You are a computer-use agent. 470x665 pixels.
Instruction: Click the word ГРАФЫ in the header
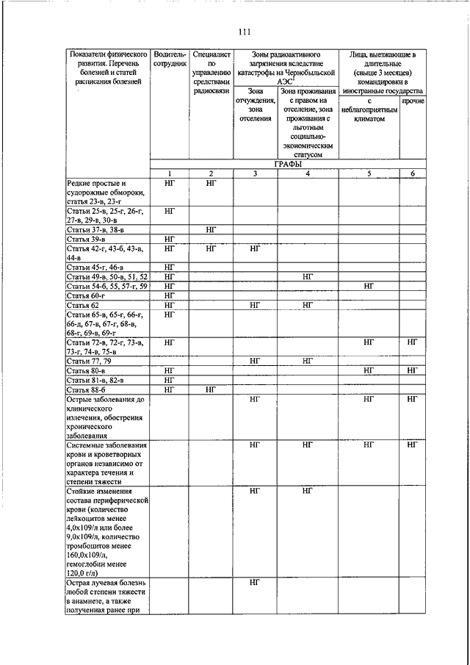click(x=287, y=164)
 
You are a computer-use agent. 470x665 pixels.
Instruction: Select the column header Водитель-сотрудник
click(x=168, y=60)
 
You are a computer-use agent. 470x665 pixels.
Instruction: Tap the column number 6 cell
click(x=413, y=173)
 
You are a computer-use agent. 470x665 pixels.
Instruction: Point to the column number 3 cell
click(x=255, y=173)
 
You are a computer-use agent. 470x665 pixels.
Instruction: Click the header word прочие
click(x=413, y=100)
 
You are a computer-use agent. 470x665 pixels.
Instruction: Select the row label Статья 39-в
click(x=86, y=240)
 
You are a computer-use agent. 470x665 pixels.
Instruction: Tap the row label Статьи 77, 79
click(x=89, y=362)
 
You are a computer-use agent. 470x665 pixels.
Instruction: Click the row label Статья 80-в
click(x=86, y=371)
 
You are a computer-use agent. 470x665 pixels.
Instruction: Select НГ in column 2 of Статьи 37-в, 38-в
click(x=211, y=230)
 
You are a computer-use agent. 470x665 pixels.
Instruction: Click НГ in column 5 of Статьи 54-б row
click(x=369, y=285)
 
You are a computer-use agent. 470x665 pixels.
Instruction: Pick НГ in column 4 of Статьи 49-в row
click(x=308, y=276)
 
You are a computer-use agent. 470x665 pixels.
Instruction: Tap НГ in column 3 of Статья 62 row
click(x=255, y=304)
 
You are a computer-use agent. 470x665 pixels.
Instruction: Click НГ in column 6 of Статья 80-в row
click(x=413, y=371)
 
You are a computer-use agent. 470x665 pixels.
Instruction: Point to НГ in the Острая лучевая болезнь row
click(x=255, y=582)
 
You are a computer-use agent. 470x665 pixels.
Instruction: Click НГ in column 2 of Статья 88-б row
click(x=211, y=389)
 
